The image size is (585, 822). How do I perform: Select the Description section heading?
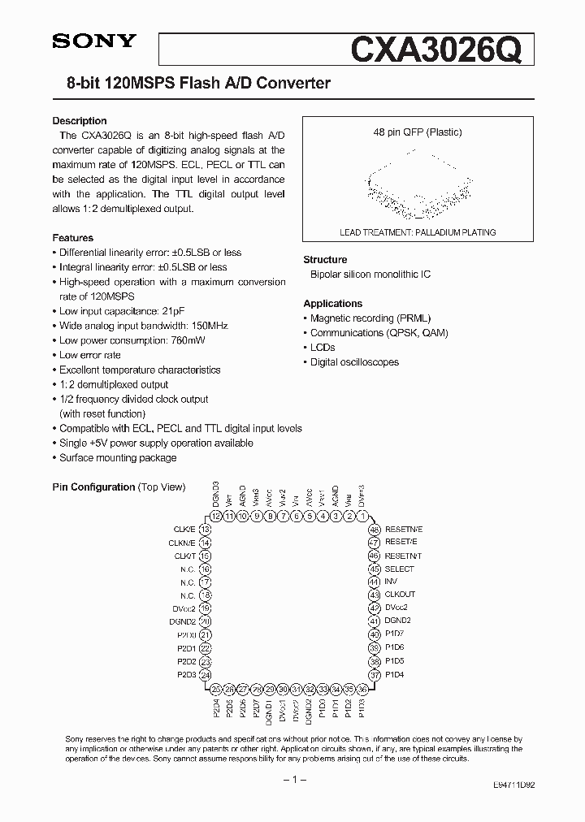coord(80,121)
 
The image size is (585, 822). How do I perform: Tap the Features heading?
coord(73,238)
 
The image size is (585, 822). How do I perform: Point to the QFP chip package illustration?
coord(417,188)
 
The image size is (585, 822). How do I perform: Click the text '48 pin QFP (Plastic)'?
coord(417,132)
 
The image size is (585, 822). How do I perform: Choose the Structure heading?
coord(325,260)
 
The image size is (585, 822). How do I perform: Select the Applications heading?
coord(332,304)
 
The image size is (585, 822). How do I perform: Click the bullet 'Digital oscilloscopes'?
coord(354,362)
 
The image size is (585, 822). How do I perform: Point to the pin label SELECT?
coord(399,569)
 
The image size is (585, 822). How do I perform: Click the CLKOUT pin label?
coord(400,595)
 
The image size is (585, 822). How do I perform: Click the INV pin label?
coord(391,582)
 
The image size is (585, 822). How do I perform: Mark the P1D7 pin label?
coord(394,634)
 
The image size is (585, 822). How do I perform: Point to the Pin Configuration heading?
coord(93,487)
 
